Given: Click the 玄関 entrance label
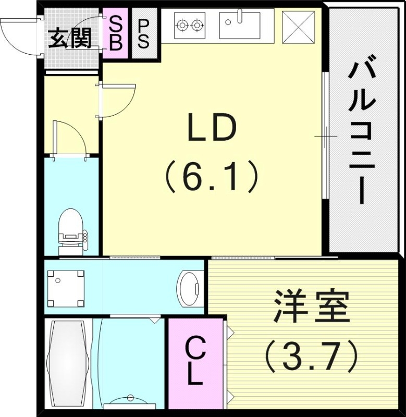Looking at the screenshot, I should tap(70, 38).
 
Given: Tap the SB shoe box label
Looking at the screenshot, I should tap(116, 34).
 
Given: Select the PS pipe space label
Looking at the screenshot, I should tap(143, 34).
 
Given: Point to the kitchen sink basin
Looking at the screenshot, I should tap(239, 27).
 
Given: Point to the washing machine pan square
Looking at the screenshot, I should tap(66, 289).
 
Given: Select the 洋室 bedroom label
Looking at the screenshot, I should tap(311, 308).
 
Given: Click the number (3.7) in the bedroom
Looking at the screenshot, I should tap(311, 355).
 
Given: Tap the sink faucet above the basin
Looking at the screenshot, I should tap(240, 16).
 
